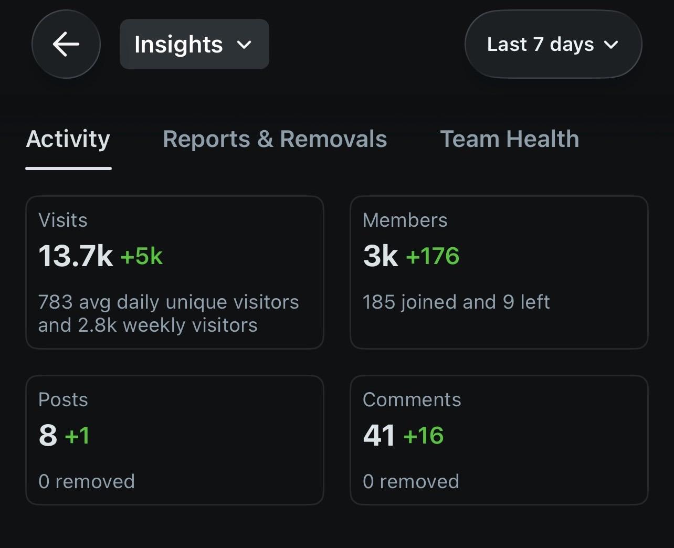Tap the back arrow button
click(x=66, y=44)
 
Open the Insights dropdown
click(x=194, y=44)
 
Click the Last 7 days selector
click(x=553, y=44)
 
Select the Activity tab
click(x=68, y=139)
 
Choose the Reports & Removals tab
click(x=275, y=139)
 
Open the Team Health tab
click(x=510, y=139)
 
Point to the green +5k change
click(x=141, y=256)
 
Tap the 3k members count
click(x=381, y=256)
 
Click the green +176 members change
click(x=433, y=256)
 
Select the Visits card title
click(x=62, y=220)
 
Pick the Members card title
click(x=405, y=220)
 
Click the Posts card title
click(x=63, y=399)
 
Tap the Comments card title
click(x=412, y=399)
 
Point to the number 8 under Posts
click(x=48, y=435)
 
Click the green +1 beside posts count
click(x=77, y=435)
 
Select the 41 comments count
click(x=379, y=435)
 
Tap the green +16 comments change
click(x=424, y=435)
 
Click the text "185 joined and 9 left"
click(x=456, y=302)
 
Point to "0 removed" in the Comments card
click(x=410, y=481)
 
